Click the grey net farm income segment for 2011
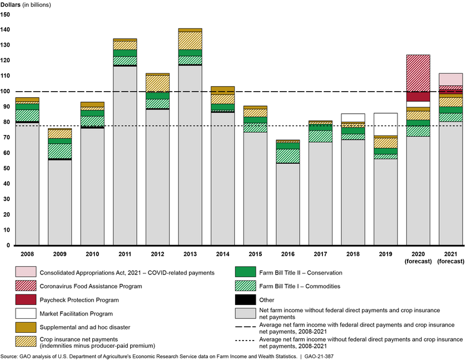coord(125,156)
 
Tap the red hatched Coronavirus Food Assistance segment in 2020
coord(419,73)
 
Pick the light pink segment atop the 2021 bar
coord(451,79)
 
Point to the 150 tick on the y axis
coord(6,14)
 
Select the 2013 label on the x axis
coord(190,253)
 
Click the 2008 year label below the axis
coord(27,253)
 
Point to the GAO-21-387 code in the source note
coord(313,354)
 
